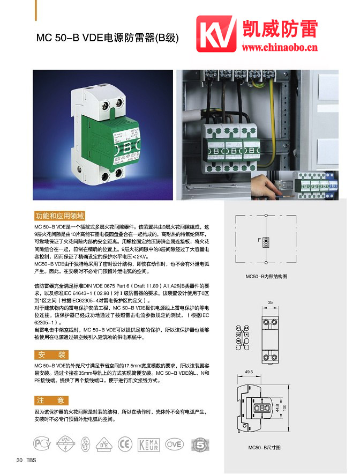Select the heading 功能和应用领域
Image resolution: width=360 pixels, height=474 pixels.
pyautogui.click(x=59, y=216)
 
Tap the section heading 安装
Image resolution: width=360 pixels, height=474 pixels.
pyautogui.click(x=52, y=354)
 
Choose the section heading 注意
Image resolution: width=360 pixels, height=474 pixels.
pyautogui.click(x=52, y=400)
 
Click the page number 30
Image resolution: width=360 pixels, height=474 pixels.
pyautogui.click(x=19, y=460)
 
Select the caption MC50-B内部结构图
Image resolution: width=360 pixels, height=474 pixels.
pyautogui.click(x=266, y=277)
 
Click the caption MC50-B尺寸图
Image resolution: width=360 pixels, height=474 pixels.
pyautogui.click(x=265, y=447)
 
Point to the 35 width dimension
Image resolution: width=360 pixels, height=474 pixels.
pyautogui.click(x=270, y=303)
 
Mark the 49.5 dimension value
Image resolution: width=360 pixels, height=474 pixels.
pyautogui.click(x=249, y=371)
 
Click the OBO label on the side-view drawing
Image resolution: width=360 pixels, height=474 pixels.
pyautogui.click(x=262, y=408)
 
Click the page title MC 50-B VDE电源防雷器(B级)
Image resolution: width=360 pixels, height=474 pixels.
pyautogui.click(x=107, y=38)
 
